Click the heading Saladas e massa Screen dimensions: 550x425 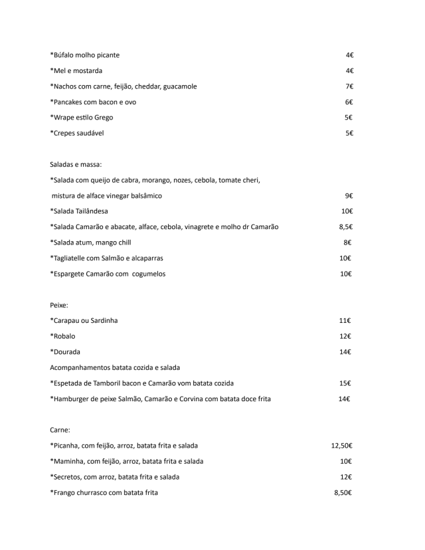[x=75, y=164]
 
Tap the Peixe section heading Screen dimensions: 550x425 [x=60, y=305]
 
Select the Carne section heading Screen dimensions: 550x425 [x=61, y=430]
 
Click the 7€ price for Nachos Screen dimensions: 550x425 [x=349, y=86]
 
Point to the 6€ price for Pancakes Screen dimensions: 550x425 [x=349, y=102]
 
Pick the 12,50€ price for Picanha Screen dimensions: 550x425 [x=341, y=446]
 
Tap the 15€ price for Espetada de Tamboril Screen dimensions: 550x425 [x=345, y=383]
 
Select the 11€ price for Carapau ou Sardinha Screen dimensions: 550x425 [x=345, y=321]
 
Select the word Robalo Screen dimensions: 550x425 [x=64, y=336]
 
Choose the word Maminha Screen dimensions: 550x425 [x=69, y=461]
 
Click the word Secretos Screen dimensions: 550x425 [x=68, y=477]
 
